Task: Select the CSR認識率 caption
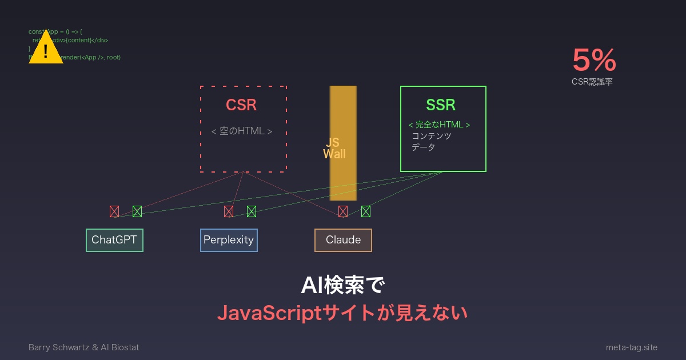pyautogui.click(x=592, y=82)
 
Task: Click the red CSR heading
pyautogui.click(x=241, y=105)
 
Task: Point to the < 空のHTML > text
pyautogui.click(x=242, y=131)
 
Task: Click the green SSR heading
pyautogui.click(x=441, y=105)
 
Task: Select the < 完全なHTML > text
pyautogui.click(x=439, y=125)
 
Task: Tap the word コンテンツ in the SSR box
pyautogui.click(x=432, y=136)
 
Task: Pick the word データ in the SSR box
pyautogui.click(x=424, y=147)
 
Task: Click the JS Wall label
pyautogui.click(x=334, y=149)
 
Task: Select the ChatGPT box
pyautogui.click(x=114, y=240)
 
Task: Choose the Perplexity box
pyautogui.click(x=229, y=240)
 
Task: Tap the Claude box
pyautogui.click(x=343, y=240)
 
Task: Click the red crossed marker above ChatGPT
pyautogui.click(x=114, y=211)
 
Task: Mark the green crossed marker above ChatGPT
pyautogui.click(x=137, y=211)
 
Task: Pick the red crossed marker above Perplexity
pyautogui.click(x=229, y=211)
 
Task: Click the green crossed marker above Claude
pyautogui.click(x=366, y=211)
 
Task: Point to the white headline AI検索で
pyautogui.click(x=343, y=286)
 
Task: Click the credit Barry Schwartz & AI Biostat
pyautogui.click(x=84, y=347)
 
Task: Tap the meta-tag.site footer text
pyautogui.click(x=631, y=347)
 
